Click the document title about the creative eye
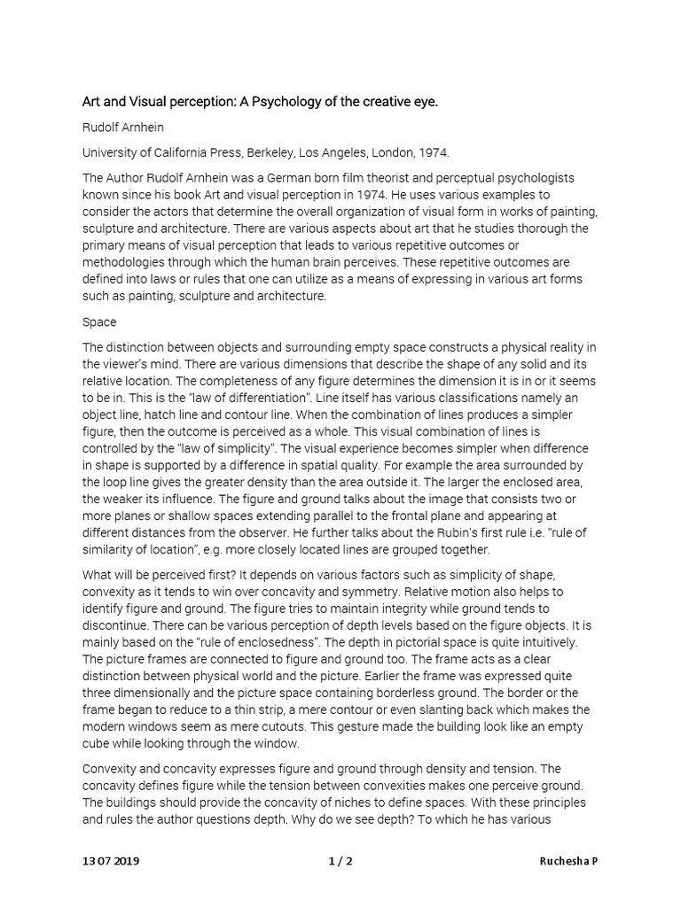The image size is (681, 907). point(260,102)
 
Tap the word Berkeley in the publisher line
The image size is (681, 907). point(270,152)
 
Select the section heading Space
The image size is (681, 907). point(99,322)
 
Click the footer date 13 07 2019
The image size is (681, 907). point(111,861)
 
